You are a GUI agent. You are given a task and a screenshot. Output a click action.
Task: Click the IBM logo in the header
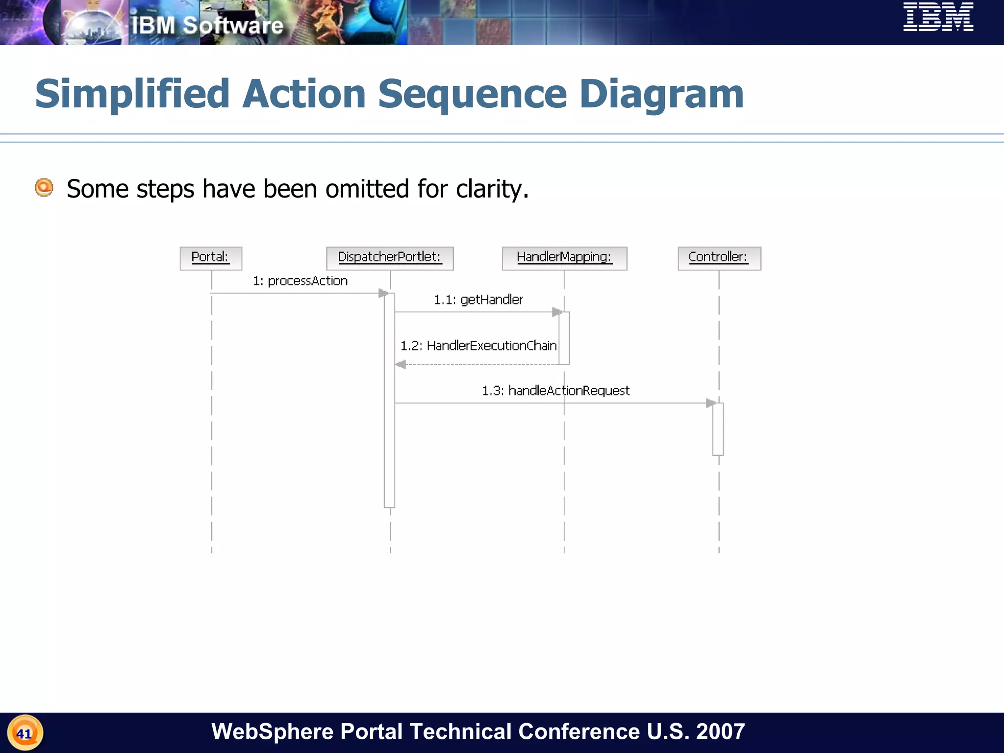pyautogui.click(x=938, y=17)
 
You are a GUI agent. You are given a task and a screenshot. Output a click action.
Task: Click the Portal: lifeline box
pyautogui.click(x=211, y=258)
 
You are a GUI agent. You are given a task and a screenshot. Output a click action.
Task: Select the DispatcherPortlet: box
pyautogui.click(x=390, y=258)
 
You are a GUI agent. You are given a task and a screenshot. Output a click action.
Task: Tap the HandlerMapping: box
pyautogui.click(x=564, y=258)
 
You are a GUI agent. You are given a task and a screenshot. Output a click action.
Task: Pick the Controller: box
pyautogui.click(x=719, y=258)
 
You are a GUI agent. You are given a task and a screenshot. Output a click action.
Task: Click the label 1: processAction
pyautogui.click(x=300, y=281)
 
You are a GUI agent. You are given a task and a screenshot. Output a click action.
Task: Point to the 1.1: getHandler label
pyautogui.click(x=478, y=300)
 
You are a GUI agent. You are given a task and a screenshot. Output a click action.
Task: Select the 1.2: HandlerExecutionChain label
pyautogui.click(x=478, y=346)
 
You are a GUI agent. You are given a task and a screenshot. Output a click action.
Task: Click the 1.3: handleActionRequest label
pyautogui.click(x=555, y=391)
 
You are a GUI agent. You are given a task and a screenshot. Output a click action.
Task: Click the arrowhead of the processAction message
pyautogui.click(x=383, y=293)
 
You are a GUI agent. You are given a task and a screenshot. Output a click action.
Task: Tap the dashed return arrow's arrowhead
pyautogui.click(x=401, y=364)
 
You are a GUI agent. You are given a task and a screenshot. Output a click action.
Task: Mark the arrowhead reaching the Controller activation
pyautogui.click(x=710, y=403)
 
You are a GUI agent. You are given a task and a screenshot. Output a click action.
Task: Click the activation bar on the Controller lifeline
pyautogui.click(x=718, y=429)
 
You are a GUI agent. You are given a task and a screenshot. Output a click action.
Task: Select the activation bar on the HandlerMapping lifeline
pyautogui.click(x=564, y=338)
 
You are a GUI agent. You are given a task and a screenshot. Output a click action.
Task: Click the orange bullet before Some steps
pyautogui.click(x=44, y=188)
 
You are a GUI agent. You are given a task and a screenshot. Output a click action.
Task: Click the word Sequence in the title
pyautogui.click(x=473, y=94)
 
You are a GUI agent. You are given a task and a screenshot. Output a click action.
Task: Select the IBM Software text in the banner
pyautogui.click(x=207, y=25)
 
